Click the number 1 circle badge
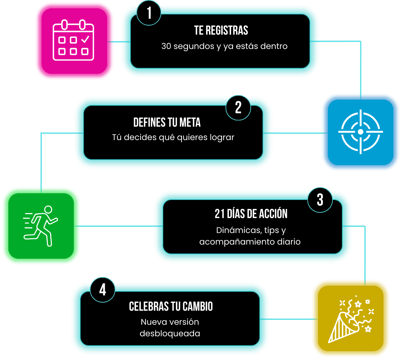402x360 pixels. [x=149, y=13]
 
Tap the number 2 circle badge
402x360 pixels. [x=238, y=108]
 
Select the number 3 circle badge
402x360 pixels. [x=320, y=200]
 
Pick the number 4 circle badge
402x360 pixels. [x=103, y=290]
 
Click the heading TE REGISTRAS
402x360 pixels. [x=221, y=30]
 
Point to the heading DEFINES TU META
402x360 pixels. [x=167, y=122]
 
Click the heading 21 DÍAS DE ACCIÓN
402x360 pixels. [x=251, y=214]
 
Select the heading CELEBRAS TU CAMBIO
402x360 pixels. [x=171, y=306]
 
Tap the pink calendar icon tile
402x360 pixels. [x=74, y=41]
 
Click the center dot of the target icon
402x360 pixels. [x=360, y=132]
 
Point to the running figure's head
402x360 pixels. [x=48, y=209]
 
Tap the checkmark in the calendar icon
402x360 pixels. [x=85, y=39]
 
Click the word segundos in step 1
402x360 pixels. [x=194, y=46]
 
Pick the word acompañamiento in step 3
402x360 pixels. [x=237, y=242]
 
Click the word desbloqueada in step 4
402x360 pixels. [x=170, y=333]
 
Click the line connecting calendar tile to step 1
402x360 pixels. [x=119, y=42]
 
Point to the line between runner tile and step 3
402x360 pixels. [x=119, y=226]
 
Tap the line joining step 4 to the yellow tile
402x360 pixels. [x=289, y=319]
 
